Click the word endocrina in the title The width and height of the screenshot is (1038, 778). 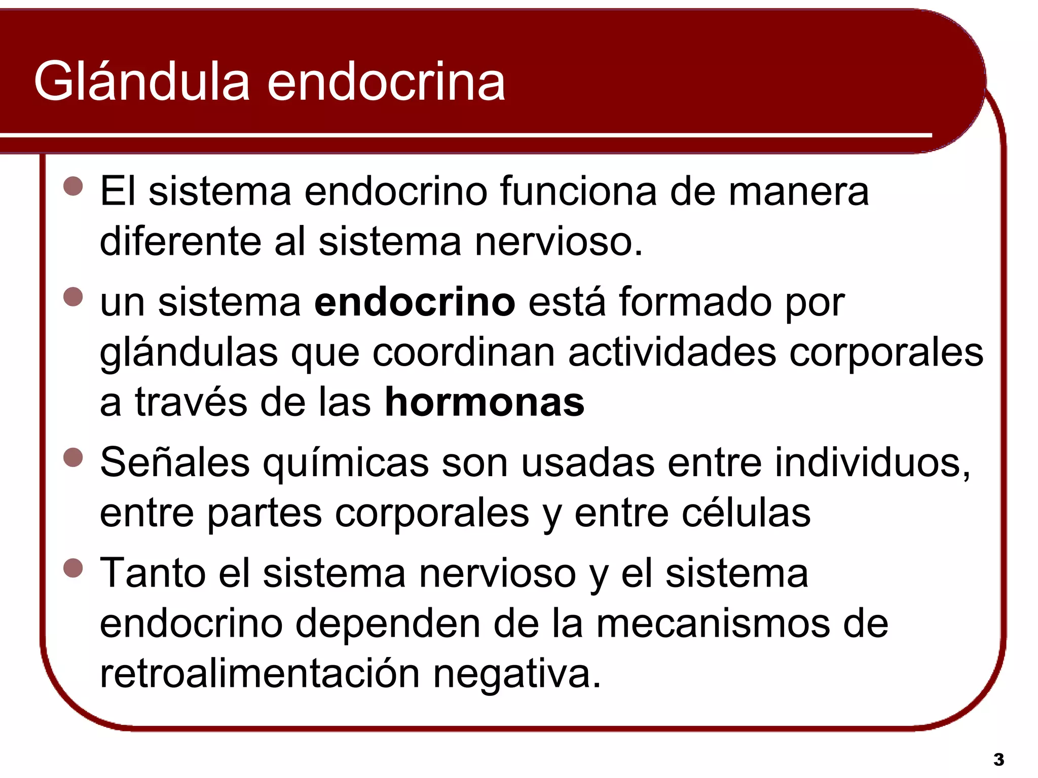pyautogui.click(x=386, y=82)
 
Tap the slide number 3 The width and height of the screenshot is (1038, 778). pyautogui.click(x=998, y=759)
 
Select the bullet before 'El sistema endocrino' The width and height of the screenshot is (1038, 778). pyautogui.click(x=73, y=186)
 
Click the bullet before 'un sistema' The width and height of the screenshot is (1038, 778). pyautogui.click(x=73, y=297)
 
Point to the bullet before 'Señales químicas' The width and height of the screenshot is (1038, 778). pyautogui.click(x=73, y=457)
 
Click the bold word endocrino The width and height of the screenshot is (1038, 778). pyautogui.click(x=415, y=302)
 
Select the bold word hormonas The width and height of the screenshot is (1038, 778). pyautogui.click(x=485, y=403)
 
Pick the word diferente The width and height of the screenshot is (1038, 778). pyautogui.click(x=180, y=242)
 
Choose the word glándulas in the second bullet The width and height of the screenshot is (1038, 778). pyautogui.click(x=189, y=353)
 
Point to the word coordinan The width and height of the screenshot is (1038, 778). pyautogui.click(x=464, y=353)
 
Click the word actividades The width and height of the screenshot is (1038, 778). pyautogui.click(x=672, y=353)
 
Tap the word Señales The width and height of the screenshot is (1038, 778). pyautogui.click(x=175, y=462)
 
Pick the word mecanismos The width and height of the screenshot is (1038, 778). pyautogui.click(x=713, y=624)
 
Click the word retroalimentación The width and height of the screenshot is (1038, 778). pyautogui.click(x=259, y=674)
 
